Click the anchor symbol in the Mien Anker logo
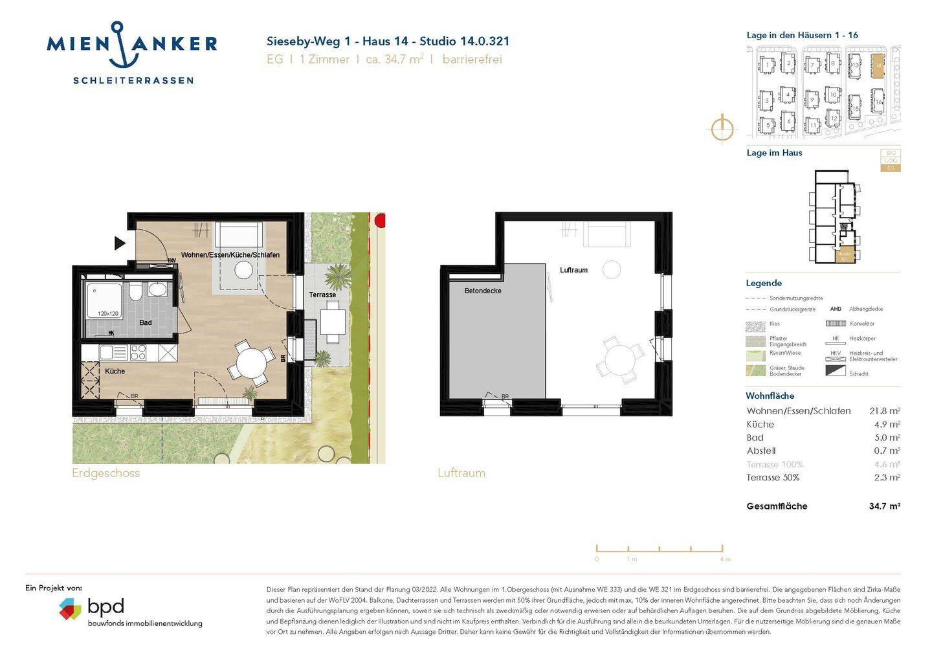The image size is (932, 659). coord(117,45)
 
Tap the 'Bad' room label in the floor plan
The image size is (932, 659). coord(146,322)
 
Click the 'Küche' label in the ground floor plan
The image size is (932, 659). coord(115,371)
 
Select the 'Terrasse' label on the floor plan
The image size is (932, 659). coord(322,295)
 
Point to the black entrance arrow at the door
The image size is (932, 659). coord(120,243)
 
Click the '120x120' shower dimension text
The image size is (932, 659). coord(108,314)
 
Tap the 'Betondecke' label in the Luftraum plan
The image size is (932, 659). coord(483,291)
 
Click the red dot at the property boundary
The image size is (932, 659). coord(380,221)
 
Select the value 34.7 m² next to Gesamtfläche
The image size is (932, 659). coord(884,506)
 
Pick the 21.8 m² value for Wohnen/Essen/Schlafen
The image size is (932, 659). coord(884,411)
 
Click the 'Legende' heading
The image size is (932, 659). coord(764,283)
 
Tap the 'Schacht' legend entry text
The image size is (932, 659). coord(859,374)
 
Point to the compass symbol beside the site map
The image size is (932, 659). coord(722,128)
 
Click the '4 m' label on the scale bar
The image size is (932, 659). coord(725,559)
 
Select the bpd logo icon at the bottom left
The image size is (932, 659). coord(70,609)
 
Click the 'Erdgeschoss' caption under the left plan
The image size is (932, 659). coord(105,473)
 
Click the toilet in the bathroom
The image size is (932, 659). coord(135,293)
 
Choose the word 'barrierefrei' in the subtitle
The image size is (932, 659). coord(472,60)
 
